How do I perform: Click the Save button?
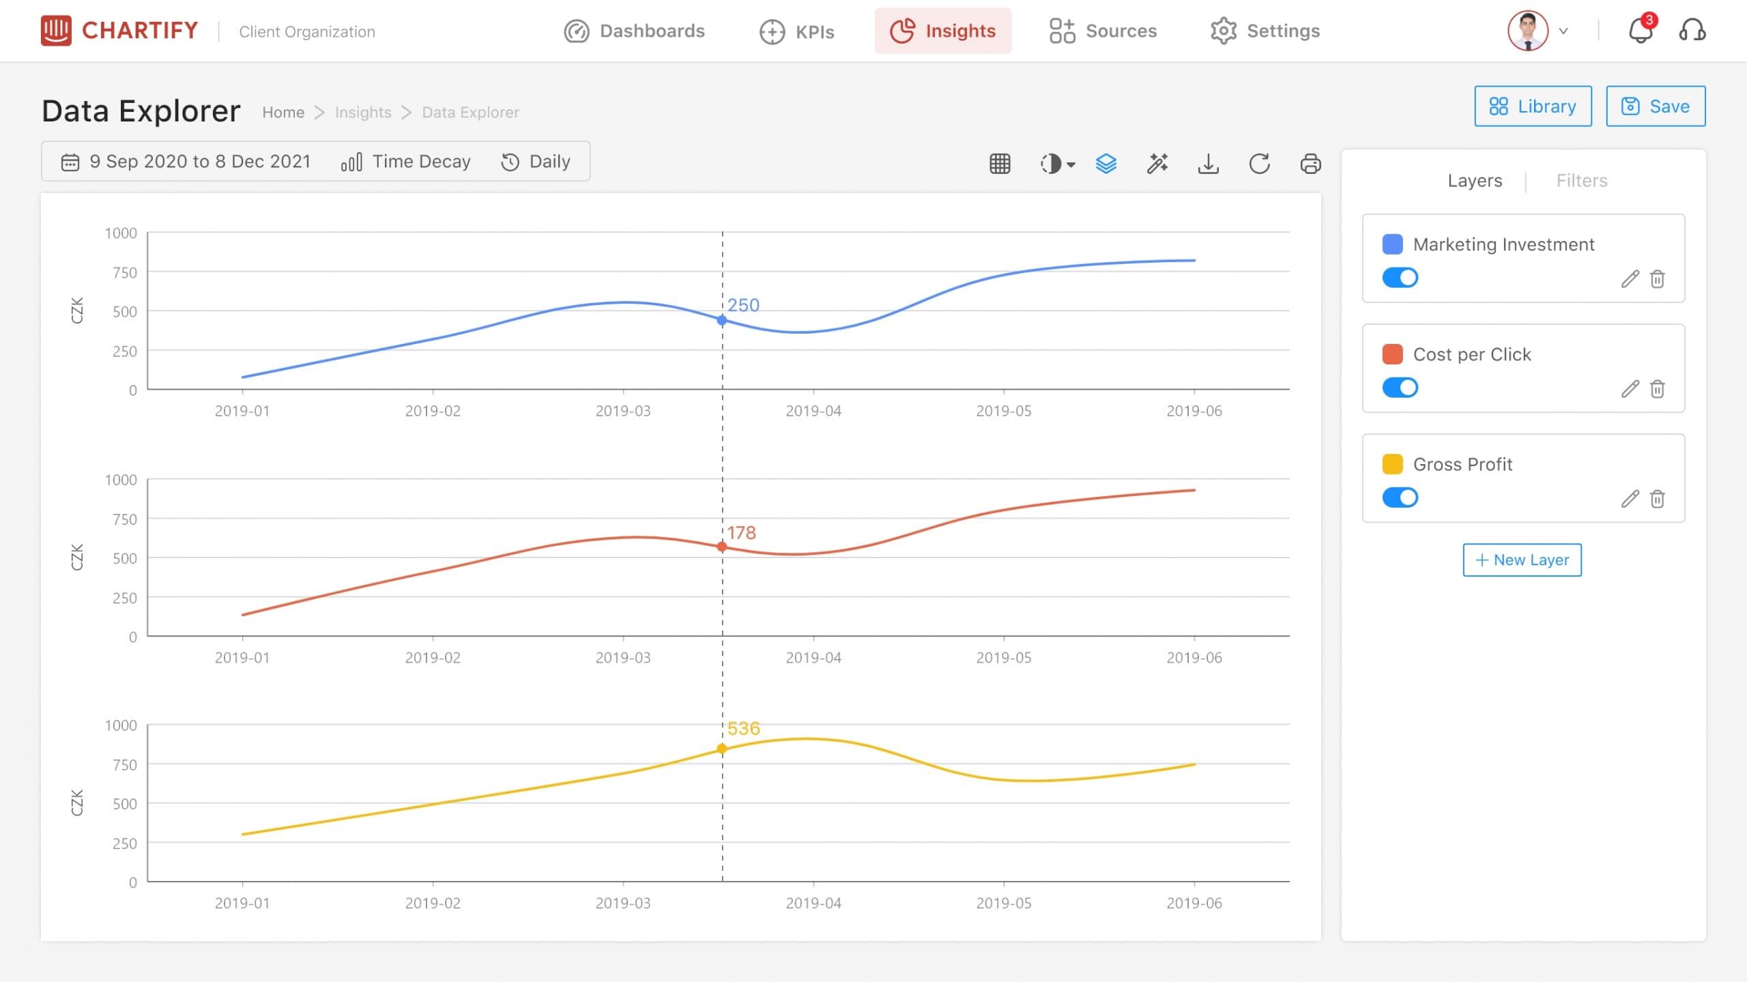tap(1655, 106)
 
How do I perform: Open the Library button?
tap(1533, 106)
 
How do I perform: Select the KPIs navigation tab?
tap(797, 31)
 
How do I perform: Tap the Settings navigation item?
tap(1265, 31)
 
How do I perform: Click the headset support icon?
tap(1692, 31)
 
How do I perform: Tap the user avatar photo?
tap(1528, 31)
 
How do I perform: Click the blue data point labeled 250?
tap(722, 320)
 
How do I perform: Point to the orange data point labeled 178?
tap(722, 547)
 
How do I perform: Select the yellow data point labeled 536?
tap(722, 749)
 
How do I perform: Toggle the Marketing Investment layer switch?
tap(1400, 278)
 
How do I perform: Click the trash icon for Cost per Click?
tap(1658, 389)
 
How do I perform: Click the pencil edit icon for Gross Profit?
tap(1630, 499)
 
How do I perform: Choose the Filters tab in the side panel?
tap(1582, 181)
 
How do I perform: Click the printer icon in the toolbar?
tap(1310, 164)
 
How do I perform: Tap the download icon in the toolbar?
tap(1208, 164)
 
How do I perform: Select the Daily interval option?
tap(536, 162)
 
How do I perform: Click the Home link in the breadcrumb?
tap(283, 113)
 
